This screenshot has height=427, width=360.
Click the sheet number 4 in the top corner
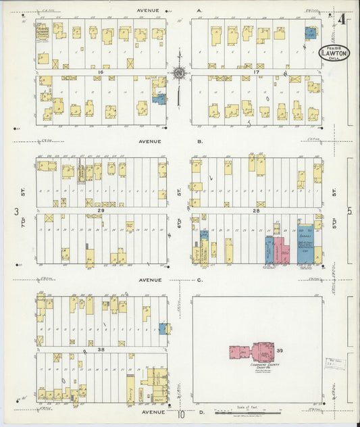point(342,19)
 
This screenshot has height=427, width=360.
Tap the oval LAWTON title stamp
point(334,53)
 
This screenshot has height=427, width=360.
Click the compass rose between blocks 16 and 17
point(179,72)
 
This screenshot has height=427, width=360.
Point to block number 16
point(99,71)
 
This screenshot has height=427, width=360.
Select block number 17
point(256,72)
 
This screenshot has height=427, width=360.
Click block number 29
point(99,211)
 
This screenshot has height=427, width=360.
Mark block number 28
point(256,211)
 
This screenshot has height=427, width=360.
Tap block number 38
point(99,349)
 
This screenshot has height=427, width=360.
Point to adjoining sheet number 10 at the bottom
point(180,414)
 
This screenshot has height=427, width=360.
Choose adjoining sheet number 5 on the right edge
point(350,211)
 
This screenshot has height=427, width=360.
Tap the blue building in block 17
point(311,32)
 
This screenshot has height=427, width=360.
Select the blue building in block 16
point(160,99)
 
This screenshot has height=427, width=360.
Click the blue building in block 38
point(163,328)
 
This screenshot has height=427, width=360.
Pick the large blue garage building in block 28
point(305,245)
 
